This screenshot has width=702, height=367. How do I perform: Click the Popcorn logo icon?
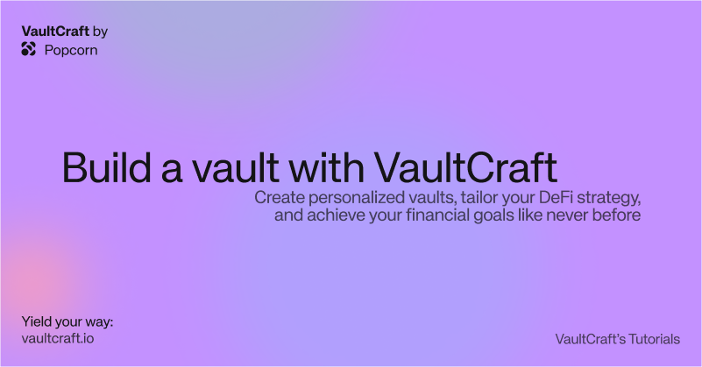click(x=28, y=49)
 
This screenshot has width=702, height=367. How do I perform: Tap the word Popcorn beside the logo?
click(x=71, y=50)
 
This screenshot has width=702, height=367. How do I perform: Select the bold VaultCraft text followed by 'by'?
click(x=55, y=31)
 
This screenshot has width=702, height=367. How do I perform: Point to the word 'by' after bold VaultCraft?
click(x=100, y=32)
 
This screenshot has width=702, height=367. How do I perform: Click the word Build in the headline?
click(x=107, y=167)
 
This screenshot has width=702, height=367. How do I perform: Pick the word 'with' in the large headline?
click(x=326, y=167)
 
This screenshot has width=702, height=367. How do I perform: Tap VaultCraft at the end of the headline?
click(x=465, y=167)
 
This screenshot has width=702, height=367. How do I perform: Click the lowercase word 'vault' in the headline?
click(x=236, y=167)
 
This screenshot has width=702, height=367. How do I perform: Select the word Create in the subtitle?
click(x=280, y=197)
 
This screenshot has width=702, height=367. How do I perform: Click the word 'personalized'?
click(x=357, y=198)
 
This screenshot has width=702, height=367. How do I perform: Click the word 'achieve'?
click(x=336, y=215)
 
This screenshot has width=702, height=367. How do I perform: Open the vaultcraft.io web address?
click(x=58, y=338)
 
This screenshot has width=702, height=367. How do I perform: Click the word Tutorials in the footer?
click(x=655, y=339)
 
